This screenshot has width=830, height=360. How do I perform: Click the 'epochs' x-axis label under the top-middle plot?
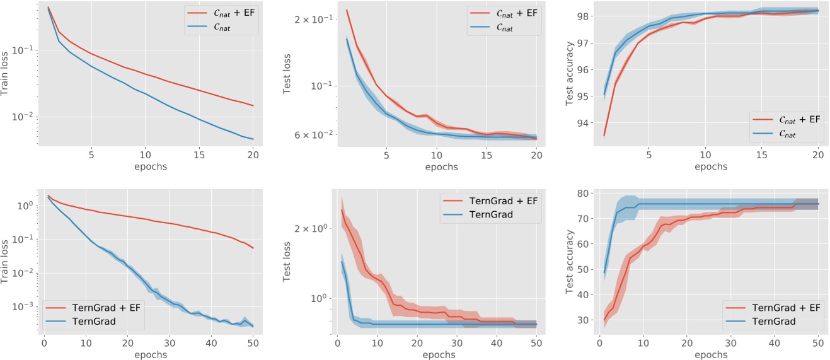[441, 168]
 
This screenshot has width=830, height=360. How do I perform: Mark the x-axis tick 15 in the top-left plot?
[199, 155]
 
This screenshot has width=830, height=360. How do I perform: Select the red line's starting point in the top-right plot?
[604, 136]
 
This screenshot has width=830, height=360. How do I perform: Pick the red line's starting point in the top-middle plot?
[347, 10]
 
